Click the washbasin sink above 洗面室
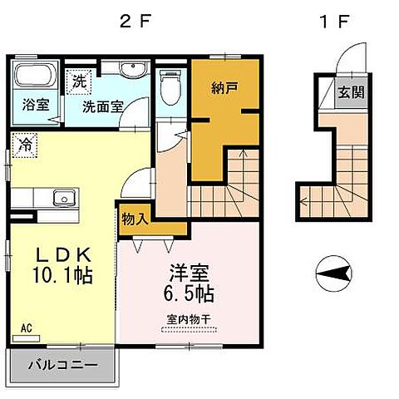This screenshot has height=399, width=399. coord(130,69)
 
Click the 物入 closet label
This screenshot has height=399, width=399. coord(135,219)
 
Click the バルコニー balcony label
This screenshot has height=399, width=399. coord(64,364)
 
